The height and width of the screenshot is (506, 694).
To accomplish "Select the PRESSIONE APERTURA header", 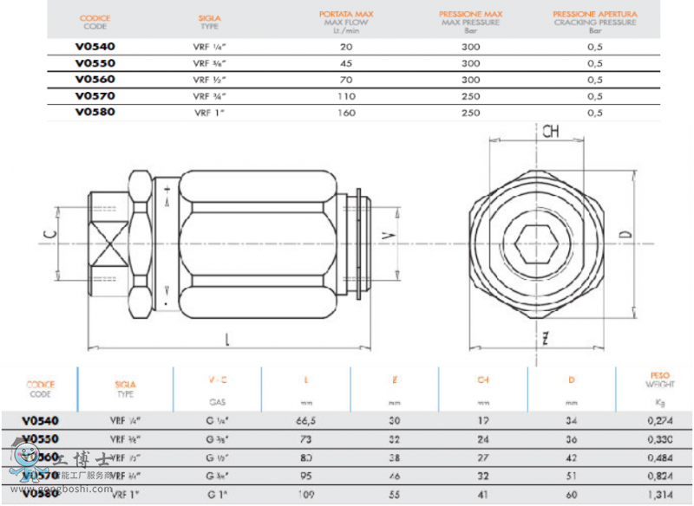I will click(x=595, y=15).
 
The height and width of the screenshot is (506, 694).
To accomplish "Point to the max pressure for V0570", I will click(x=471, y=96).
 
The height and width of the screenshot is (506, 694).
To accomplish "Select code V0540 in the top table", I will click(x=95, y=47).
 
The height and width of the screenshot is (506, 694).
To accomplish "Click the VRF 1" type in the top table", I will click(x=209, y=113).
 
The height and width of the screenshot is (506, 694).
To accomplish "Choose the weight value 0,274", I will click(x=659, y=419).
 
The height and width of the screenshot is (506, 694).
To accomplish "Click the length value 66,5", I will click(x=305, y=419).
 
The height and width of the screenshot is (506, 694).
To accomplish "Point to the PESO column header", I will click(x=659, y=378).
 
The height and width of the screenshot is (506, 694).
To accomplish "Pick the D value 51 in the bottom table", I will click(x=571, y=475).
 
